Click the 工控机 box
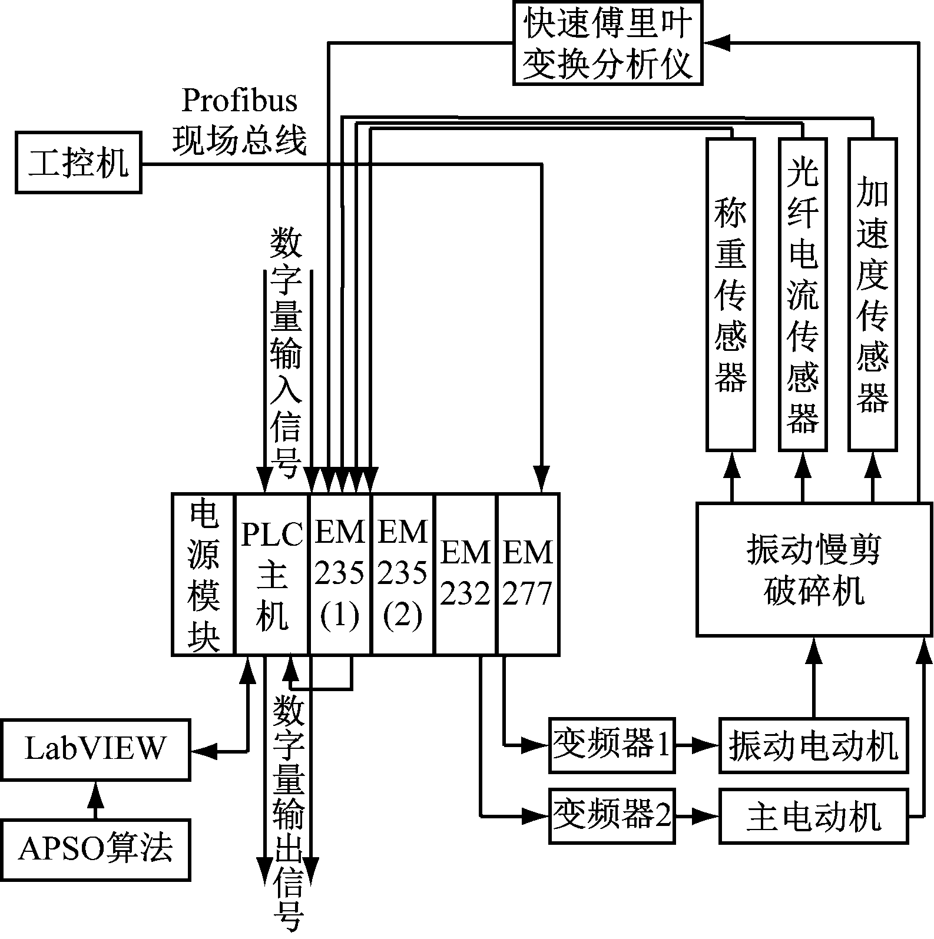[78, 163]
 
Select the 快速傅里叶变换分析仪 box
[608, 43]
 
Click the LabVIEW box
[95, 749]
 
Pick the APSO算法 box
[95, 850]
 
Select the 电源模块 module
[203, 574]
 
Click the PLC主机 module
[271, 574]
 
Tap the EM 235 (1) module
[340, 574]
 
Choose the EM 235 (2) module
[402, 574]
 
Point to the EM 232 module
[466, 574]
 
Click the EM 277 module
[528, 574]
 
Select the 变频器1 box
[611, 745]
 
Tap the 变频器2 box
[611, 816]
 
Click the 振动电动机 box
[813, 745]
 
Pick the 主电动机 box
[813, 817]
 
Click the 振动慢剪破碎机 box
[814, 569]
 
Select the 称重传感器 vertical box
[730, 294]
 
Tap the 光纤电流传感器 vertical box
[802, 294]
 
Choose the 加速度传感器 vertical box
[872, 294]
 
